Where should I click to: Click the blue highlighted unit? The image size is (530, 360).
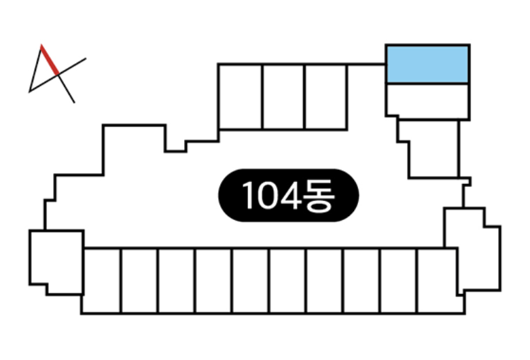tap(427, 64)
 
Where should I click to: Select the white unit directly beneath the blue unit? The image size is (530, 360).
tap(427, 101)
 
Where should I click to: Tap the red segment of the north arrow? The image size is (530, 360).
tap(50, 60)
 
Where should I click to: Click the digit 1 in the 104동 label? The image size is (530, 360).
tap(249, 196)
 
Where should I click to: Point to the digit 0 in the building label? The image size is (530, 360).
tap(268, 196)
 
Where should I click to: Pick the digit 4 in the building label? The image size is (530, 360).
tap(291, 196)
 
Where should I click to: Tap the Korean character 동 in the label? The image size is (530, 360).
tap(319, 196)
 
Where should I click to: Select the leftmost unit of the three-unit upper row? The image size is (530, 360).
tap(240, 96)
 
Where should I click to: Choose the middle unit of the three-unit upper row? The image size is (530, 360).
tap(283, 96)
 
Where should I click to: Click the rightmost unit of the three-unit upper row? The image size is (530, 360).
tap(326, 96)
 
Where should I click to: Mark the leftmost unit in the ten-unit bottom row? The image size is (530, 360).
tap(101, 281)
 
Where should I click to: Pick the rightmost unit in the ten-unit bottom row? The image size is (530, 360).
tap(438, 281)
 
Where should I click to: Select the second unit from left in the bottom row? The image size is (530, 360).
tap(139, 281)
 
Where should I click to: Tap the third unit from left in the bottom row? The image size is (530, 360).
tap(177, 281)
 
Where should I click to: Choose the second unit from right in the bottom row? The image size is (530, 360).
tap(398, 281)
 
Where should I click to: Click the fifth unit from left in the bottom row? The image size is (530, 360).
tap(251, 281)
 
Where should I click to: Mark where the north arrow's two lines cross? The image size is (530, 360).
tap(58, 75)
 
